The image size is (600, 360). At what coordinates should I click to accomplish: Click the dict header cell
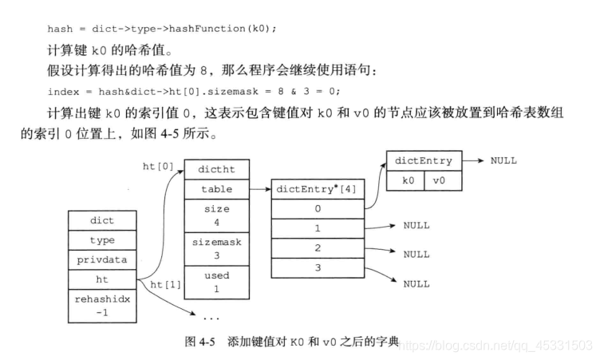click(x=102, y=220)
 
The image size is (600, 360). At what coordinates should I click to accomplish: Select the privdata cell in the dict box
click(x=102, y=259)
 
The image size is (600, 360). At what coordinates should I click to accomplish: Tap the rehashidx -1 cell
click(x=102, y=305)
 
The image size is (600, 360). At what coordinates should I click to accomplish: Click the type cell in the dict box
click(x=102, y=239)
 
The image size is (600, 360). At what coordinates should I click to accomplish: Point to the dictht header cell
click(x=216, y=170)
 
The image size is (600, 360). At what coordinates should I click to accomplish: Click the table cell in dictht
click(x=216, y=190)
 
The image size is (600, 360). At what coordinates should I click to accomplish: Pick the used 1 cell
click(x=216, y=281)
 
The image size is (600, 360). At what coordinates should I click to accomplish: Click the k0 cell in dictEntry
click(x=408, y=180)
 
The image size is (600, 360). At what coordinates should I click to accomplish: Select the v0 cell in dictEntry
click(x=440, y=180)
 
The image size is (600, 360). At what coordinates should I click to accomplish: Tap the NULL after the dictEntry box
click(x=503, y=160)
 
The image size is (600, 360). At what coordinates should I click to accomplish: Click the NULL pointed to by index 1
click(x=416, y=226)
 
